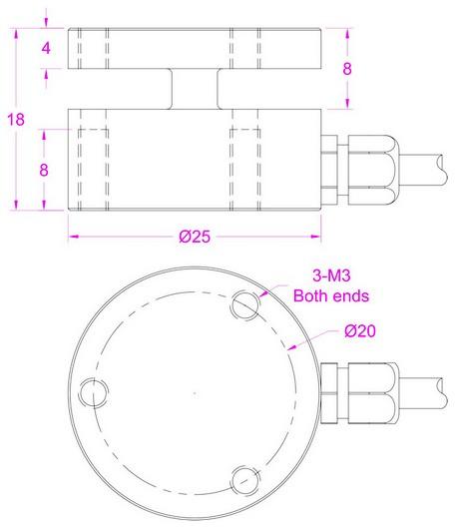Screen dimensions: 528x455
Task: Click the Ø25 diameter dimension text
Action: pos(194,238)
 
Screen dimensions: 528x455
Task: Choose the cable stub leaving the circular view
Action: pos(424,393)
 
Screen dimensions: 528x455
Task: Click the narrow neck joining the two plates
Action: pos(194,87)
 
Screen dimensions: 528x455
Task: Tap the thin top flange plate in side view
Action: pos(194,48)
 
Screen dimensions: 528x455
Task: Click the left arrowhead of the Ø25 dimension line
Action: pos(72,238)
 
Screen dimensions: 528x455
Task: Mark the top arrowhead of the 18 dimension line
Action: pos(17,31)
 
